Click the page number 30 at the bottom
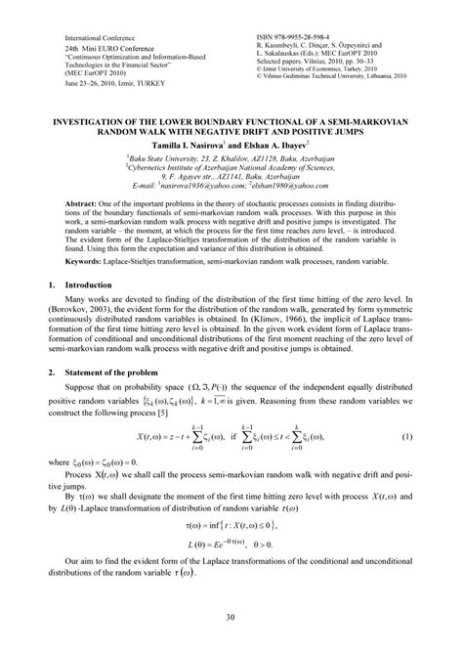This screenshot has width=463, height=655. pos(231,617)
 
